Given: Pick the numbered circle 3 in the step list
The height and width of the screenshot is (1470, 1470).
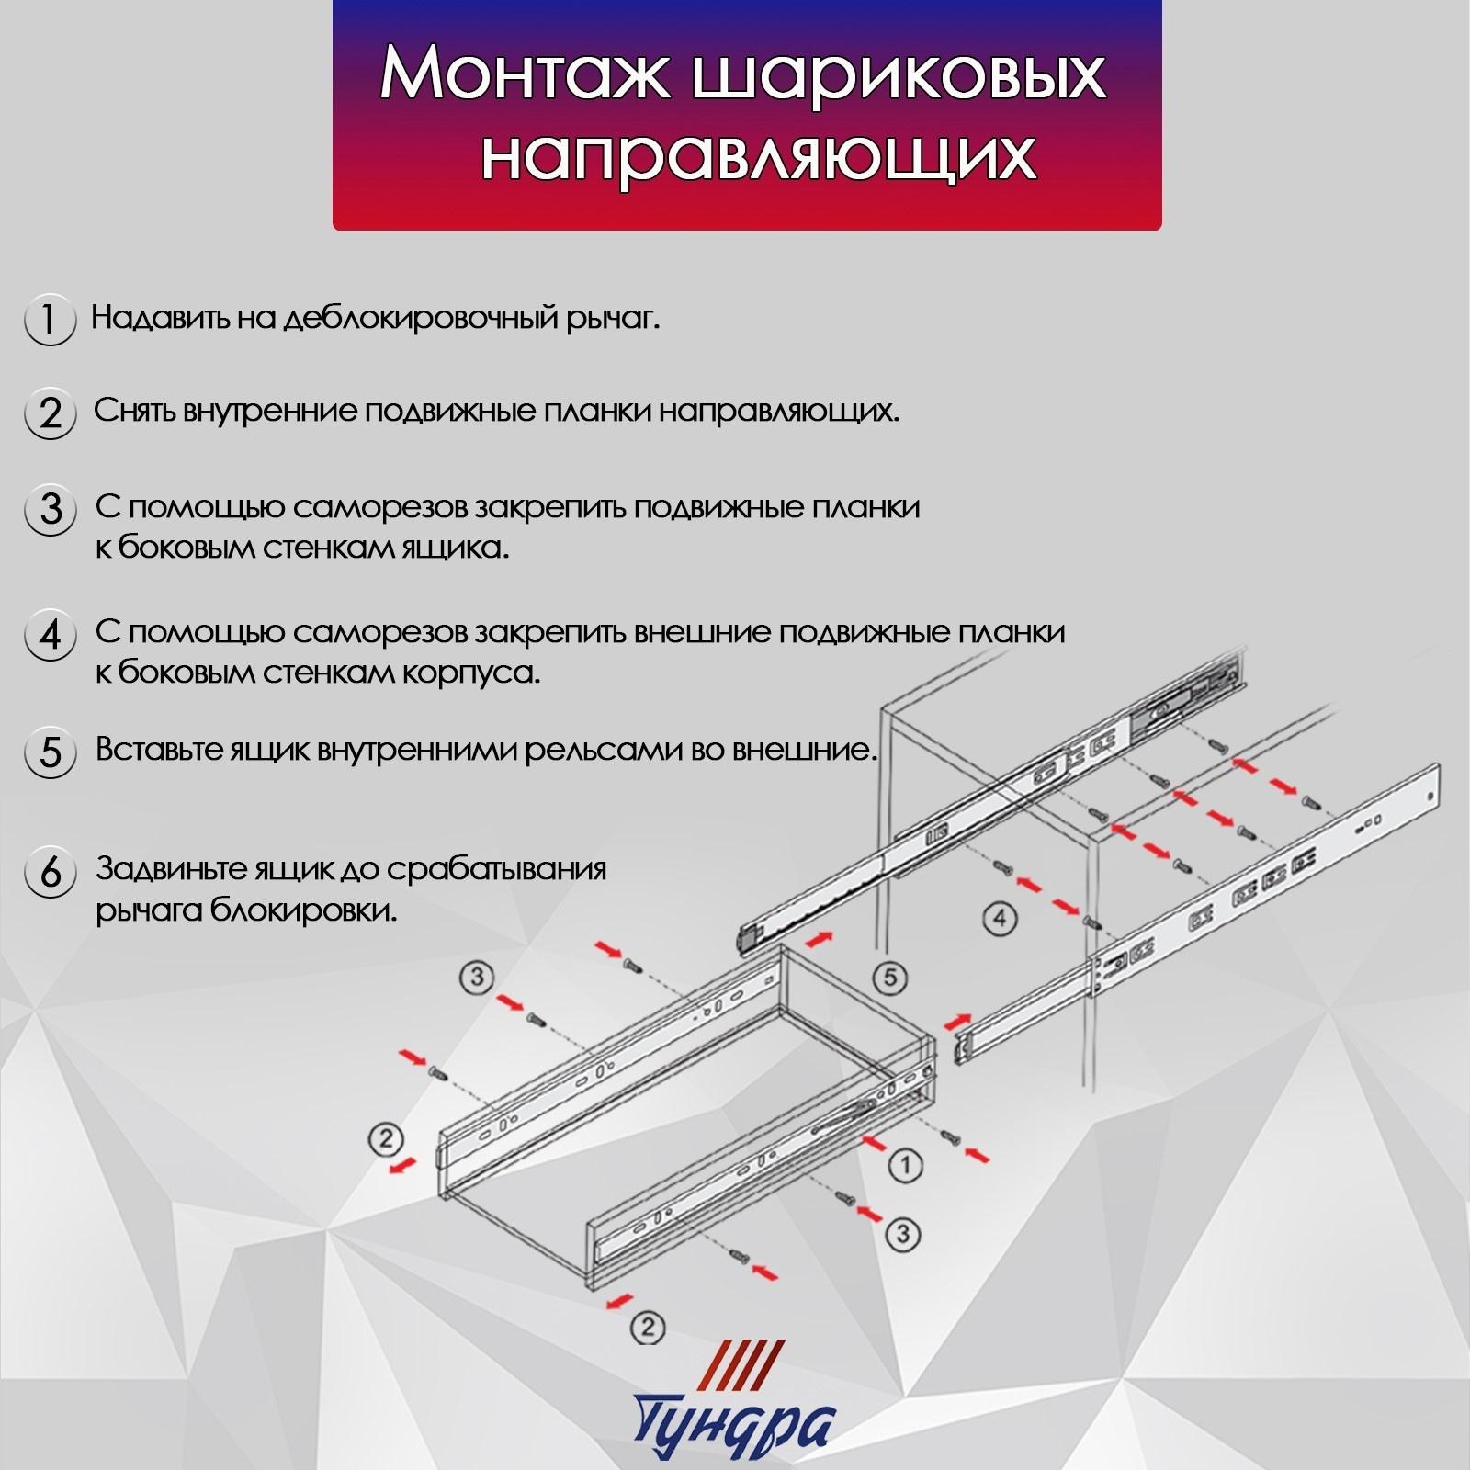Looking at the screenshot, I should (50, 509).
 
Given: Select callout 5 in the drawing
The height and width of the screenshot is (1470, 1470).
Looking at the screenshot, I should (888, 978).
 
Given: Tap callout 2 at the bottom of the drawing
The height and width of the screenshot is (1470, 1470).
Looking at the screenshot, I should (648, 1327).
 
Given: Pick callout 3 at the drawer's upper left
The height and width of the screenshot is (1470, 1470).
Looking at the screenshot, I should (477, 977).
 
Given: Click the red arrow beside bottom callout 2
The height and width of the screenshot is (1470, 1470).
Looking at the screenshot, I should (620, 1299).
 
